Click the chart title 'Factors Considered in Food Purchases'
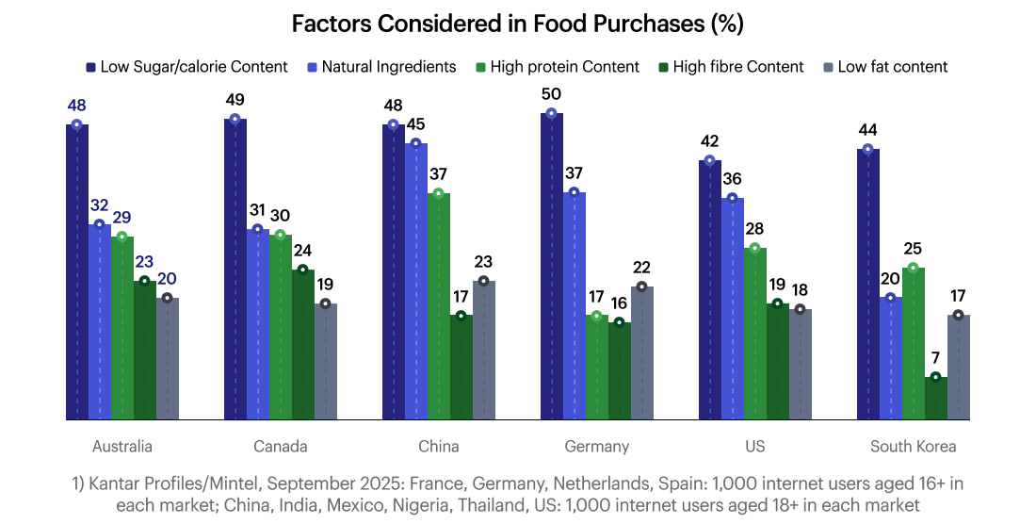coord(517,24)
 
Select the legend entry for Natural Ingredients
coord(388,67)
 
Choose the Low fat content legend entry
coord(892,67)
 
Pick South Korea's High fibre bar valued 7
coord(936,398)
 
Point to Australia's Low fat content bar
coord(168,358)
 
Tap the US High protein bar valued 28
coord(755,334)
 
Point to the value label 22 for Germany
coord(642,268)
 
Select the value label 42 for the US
coord(710,141)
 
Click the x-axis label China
coord(439,446)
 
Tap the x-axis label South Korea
coord(913,446)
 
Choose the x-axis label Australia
coord(122,446)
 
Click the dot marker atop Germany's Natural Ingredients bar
coord(575,192)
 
